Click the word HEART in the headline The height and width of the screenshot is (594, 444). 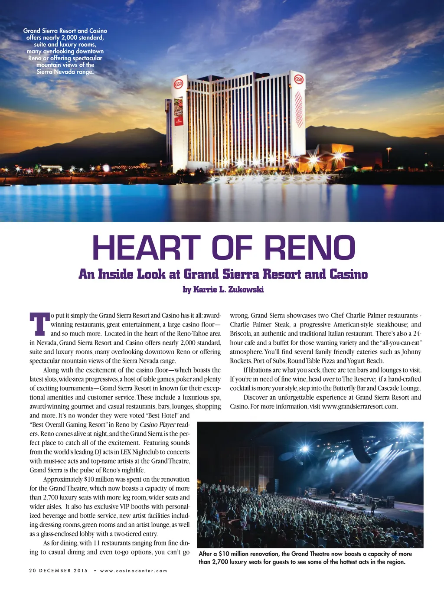pyautogui.click(x=146, y=248)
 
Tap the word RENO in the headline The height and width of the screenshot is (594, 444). pyautogui.click(x=310, y=248)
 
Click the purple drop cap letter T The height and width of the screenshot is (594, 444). pyautogui.click(x=39, y=323)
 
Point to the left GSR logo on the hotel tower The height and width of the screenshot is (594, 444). pyautogui.click(x=179, y=84)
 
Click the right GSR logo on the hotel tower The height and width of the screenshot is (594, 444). pyautogui.click(x=299, y=79)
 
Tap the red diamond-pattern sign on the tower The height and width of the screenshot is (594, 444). pyautogui.click(x=299, y=108)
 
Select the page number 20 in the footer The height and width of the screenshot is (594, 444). pyautogui.click(x=33, y=571)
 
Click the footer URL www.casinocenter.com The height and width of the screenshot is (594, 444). pyautogui.click(x=134, y=571)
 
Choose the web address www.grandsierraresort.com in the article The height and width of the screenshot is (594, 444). pyautogui.click(x=359, y=406)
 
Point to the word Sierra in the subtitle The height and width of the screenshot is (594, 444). pyautogui.click(x=241, y=274)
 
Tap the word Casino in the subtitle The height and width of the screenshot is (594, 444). pyautogui.click(x=349, y=274)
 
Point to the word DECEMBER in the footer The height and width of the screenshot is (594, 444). pyautogui.click(x=56, y=571)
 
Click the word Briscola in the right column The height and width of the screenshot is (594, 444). pyautogui.click(x=240, y=333)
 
